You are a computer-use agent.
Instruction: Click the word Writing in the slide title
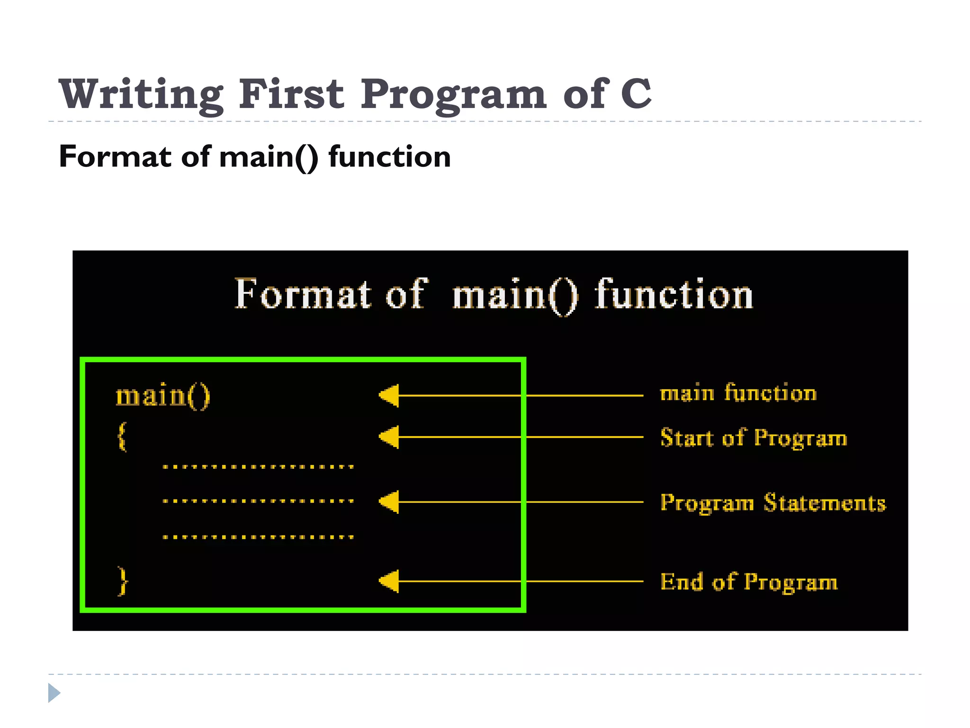point(140,94)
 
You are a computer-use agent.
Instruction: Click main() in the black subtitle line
point(269,157)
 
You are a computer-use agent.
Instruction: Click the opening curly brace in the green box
point(122,437)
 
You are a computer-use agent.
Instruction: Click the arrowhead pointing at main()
point(389,395)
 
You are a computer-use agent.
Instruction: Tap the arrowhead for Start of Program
point(389,437)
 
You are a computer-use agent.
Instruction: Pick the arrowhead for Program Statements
point(389,502)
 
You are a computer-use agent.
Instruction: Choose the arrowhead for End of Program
point(389,581)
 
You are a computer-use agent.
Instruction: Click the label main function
point(738,393)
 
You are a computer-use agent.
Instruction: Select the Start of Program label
point(754,437)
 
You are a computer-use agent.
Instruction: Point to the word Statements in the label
point(825,502)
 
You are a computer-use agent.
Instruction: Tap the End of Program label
point(749,582)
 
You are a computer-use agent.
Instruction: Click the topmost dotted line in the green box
point(258,467)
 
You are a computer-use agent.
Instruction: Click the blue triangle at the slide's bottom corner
point(54,693)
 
